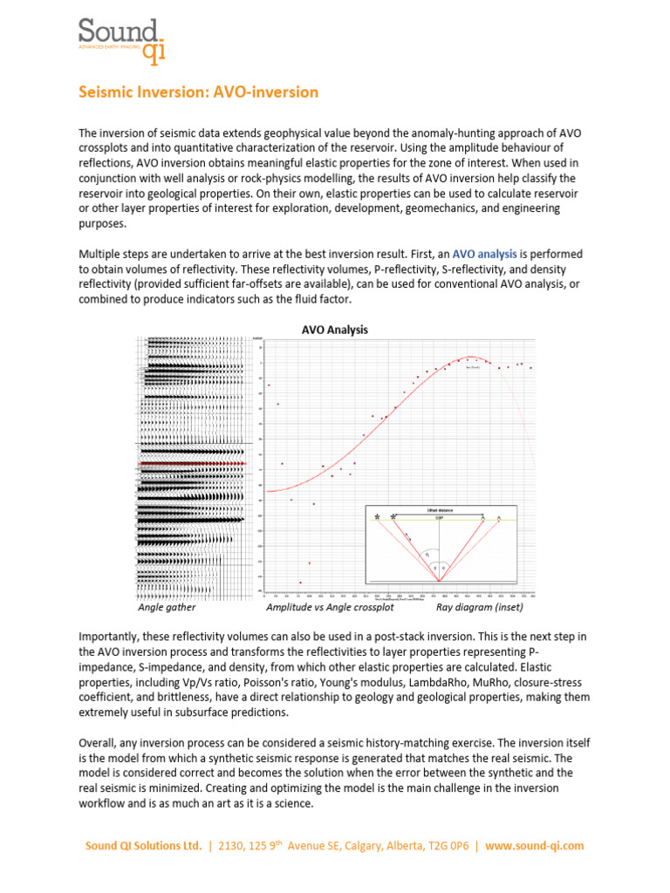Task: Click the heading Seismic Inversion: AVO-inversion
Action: point(199,92)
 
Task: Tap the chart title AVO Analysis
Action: point(334,330)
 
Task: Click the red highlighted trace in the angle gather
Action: point(192,463)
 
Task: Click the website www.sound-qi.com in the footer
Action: point(535,846)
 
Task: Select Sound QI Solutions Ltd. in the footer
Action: point(144,846)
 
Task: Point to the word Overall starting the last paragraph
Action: point(99,743)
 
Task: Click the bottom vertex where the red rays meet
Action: point(439,582)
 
